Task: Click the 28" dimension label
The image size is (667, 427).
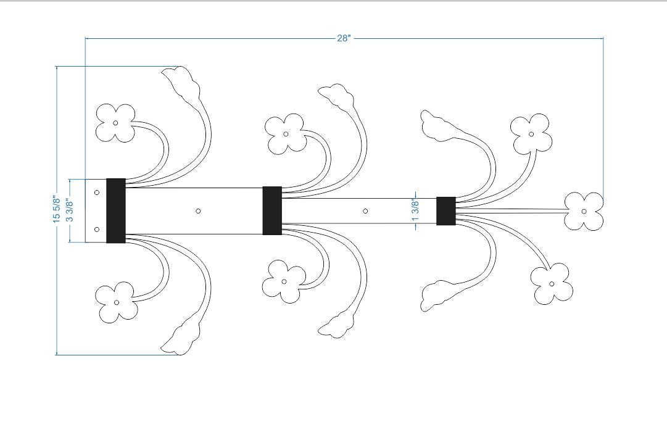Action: tap(344, 38)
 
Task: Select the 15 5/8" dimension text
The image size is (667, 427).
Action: tap(56, 209)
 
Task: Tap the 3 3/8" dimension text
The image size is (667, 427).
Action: tap(70, 210)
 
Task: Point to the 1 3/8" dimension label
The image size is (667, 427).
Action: tap(416, 210)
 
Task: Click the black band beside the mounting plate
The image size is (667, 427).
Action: tap(116, 210)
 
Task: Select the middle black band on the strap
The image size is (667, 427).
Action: tap(272, 210)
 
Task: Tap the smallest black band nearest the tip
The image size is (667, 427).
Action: tap(446, 211)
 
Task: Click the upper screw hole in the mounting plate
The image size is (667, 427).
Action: tap(97, 193)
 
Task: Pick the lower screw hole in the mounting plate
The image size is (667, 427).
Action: tap(97, 230)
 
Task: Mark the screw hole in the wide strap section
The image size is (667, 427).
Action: tap(198, 210)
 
